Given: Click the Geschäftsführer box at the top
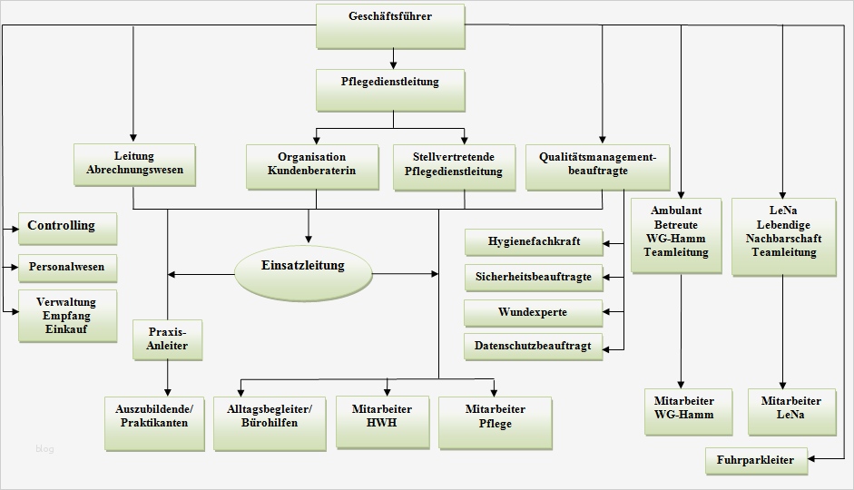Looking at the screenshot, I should (390, 25).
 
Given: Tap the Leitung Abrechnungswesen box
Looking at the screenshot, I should (134, 165).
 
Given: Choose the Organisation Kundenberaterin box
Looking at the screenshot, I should (311, 165).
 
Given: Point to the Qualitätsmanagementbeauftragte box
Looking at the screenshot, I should (597, 165).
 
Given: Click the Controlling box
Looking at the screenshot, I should (68, 228).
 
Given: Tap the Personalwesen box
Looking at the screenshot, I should (68, 269).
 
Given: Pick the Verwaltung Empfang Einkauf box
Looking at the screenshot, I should (68, 316).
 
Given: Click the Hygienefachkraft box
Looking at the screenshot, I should (534, 243).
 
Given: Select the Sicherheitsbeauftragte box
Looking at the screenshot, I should (534, 278).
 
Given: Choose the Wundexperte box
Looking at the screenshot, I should (534, 313).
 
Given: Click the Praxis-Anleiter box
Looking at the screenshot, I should (168, 339).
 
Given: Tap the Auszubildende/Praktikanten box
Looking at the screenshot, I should (153, 423).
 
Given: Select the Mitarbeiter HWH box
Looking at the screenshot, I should (382, 421).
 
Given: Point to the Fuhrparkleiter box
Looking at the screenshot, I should (755, 460).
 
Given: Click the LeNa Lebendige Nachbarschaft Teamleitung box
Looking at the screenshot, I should (783, 236).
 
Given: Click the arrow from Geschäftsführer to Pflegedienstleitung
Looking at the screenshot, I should (393, 59).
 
